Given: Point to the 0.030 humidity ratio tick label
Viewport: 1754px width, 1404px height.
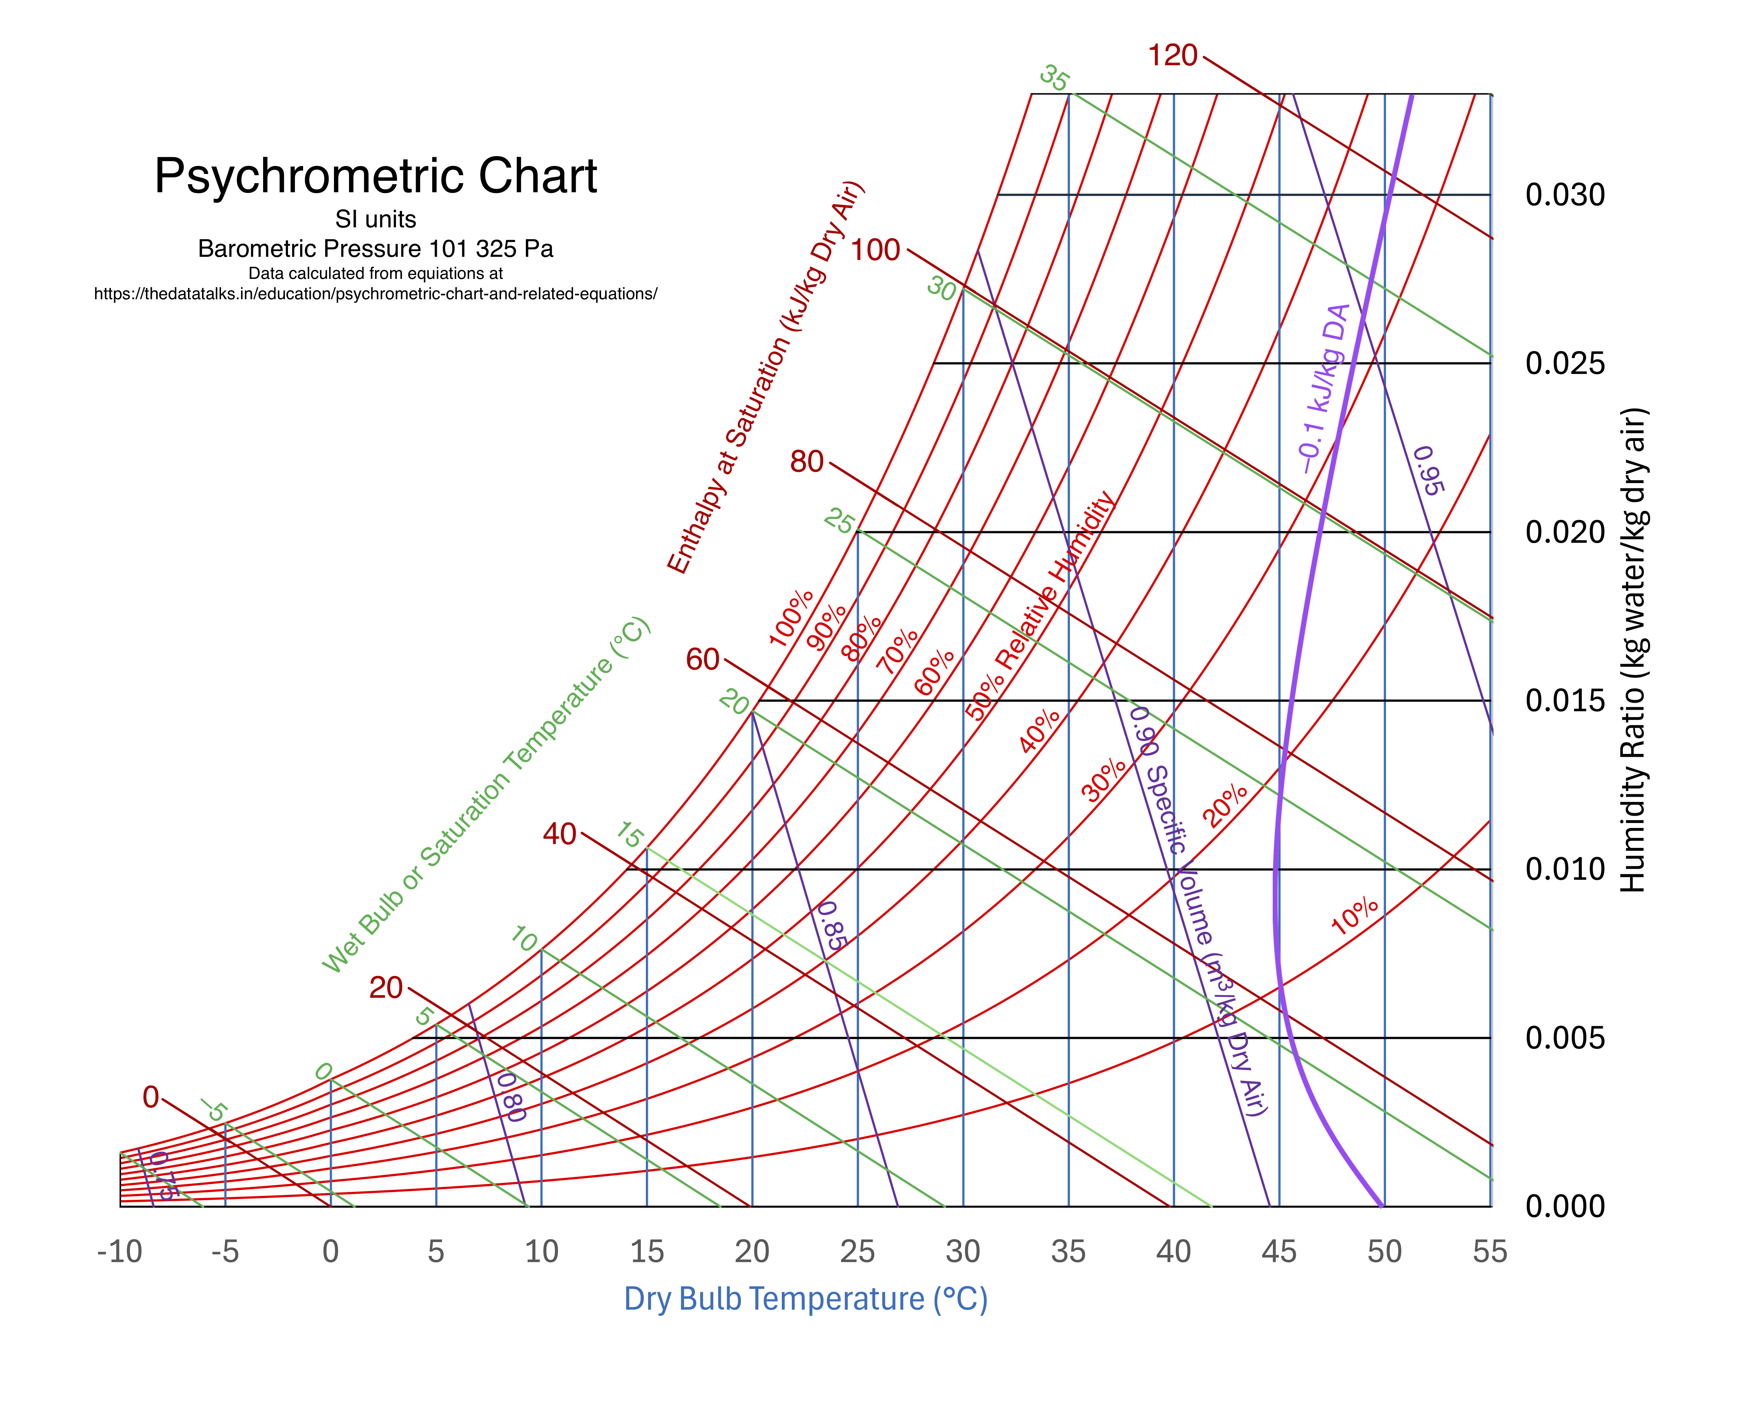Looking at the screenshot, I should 1565,195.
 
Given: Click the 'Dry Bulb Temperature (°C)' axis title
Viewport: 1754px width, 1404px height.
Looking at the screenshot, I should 805,1299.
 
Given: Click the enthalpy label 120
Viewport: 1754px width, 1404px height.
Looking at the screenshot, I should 1172,55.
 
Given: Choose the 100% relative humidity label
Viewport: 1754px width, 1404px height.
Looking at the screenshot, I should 791,618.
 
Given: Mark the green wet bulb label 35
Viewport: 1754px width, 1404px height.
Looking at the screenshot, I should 1055,79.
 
